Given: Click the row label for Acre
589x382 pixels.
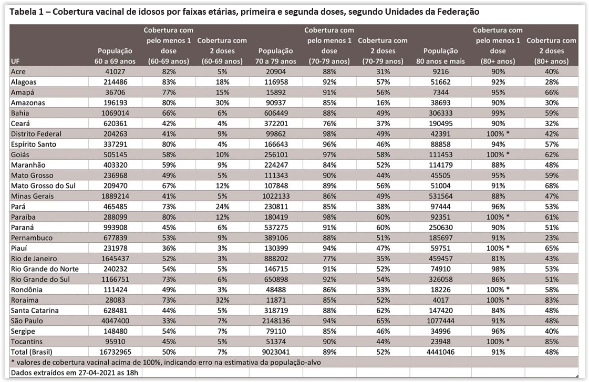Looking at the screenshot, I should click(x=18, y=71).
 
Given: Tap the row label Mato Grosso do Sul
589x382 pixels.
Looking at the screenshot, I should click(x=43, y=185).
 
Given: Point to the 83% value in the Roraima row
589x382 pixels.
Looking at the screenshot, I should click(x=552, y=300).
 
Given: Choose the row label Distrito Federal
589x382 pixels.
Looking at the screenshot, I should click(x=36, y=133).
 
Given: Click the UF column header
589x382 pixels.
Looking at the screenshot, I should click(x=15, y=61).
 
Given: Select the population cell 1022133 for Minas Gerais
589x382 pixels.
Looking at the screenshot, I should click(x=276, y=196).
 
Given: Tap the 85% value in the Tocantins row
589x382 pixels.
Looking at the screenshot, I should click(x=552, y=341).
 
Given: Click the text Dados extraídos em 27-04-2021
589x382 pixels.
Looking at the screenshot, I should click(x=68, y=372).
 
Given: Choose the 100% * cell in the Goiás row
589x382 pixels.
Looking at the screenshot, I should click(x=499, y=154).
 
